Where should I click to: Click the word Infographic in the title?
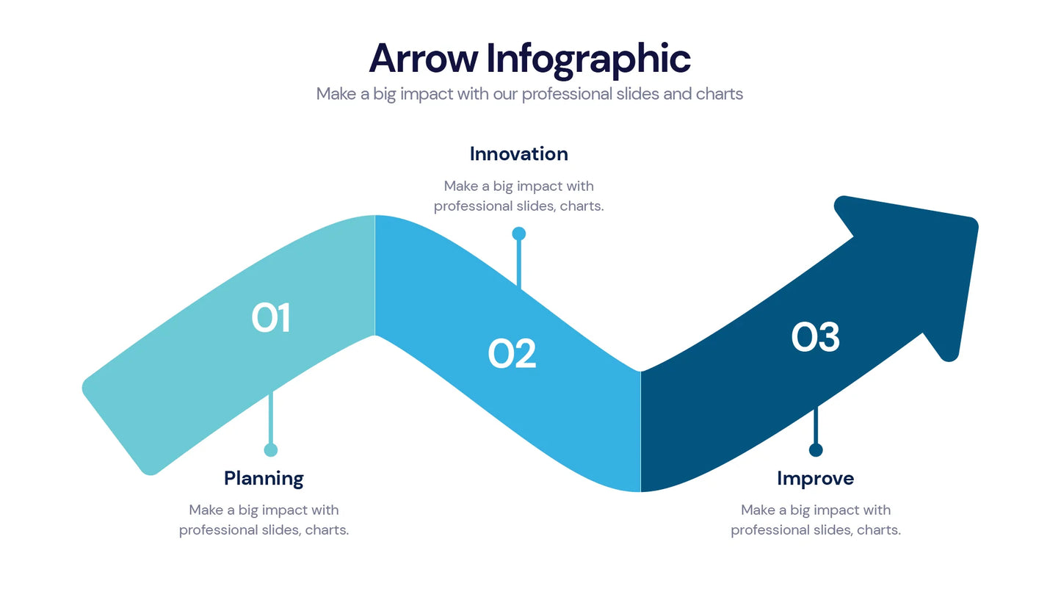(588, 59)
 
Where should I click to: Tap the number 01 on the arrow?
(271, 319)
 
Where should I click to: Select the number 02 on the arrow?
(512, 354)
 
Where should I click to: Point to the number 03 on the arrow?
(815, 338)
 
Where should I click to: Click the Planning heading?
(264, 479)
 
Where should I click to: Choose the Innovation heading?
(518, 154)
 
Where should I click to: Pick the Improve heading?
(815, 479)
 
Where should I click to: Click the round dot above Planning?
(271, 450)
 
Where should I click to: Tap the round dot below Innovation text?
(518, 234)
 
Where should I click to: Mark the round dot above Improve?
(815, 450)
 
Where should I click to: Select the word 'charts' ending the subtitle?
(720, 94)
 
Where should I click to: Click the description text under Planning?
(264, 520)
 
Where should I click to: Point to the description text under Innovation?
(518, 196)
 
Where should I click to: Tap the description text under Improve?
(815, 520)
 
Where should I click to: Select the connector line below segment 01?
(271, 419)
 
